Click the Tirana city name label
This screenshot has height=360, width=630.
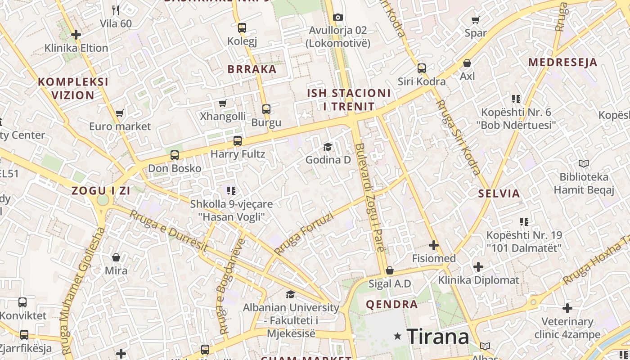pos(437,336)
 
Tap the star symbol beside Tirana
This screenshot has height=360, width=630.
pos(397,336)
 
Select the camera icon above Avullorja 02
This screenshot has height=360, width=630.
pos(337,18)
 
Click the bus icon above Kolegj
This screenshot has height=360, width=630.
pos(242,28)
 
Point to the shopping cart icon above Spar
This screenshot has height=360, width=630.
pos(475,20)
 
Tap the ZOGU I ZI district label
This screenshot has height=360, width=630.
pos(101,191)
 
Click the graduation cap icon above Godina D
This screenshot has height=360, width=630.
pos(328,147)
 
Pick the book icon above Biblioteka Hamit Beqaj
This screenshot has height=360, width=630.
pos(584,164)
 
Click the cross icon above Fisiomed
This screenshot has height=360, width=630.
pos(434,245)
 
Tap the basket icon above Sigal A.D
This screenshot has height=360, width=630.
pos(390,270)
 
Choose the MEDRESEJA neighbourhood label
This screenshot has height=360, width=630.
pos(562,63)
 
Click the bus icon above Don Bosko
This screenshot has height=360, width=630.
pos(175,156)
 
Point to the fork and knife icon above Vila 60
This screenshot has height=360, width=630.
pos(116,10)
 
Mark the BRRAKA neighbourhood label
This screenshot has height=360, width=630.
pos(252,69)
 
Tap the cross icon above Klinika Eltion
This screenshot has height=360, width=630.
pos(76,35)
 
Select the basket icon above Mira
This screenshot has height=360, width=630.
pos(116,257)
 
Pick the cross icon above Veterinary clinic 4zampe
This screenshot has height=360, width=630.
pos(567,308)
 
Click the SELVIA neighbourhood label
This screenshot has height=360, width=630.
pos(499,194)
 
